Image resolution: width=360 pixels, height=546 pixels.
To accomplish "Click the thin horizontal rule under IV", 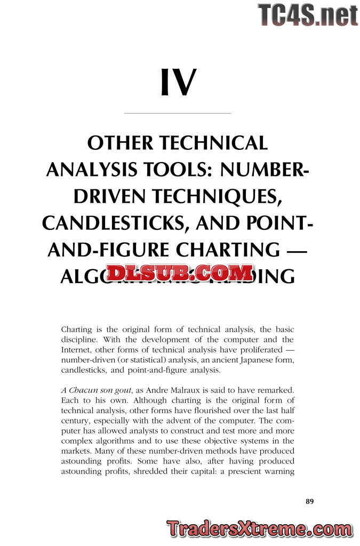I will tap(178, 113).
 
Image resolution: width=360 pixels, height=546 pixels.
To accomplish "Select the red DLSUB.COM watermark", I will tap(180, 273).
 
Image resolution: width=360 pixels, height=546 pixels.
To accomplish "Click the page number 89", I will tap(310, 501).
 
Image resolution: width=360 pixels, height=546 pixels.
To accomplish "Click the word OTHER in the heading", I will tap(120, 143).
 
